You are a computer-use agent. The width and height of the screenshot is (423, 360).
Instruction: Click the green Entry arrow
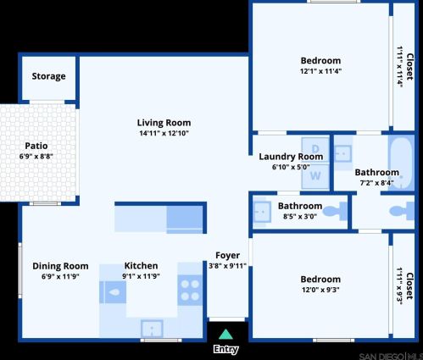click(225, 335)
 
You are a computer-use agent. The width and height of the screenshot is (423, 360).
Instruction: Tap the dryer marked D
click(314, 148)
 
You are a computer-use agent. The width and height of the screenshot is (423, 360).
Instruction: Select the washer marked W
click(314, 175)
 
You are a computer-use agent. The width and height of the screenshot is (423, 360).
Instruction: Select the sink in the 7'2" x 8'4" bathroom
click(342, 154)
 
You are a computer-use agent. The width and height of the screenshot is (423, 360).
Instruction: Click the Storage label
click(48, 76)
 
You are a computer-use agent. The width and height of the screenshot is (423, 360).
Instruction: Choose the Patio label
click(36, 146)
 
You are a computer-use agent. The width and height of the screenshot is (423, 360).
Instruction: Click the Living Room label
click(164, 122)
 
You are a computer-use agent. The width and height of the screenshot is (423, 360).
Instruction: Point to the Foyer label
click(226, 255)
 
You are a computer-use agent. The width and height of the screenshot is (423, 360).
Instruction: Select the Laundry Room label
click(291, 156)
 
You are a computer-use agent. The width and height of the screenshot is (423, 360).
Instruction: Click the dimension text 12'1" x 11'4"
click(320, 71)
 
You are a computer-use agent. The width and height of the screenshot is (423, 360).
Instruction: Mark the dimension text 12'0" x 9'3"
click(320, 290)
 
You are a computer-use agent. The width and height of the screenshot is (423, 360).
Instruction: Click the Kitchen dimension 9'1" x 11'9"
click(141, 276)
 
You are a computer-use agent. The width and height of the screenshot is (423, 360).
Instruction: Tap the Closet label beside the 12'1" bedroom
click(409, 66)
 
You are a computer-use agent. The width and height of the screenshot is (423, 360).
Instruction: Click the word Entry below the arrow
click(225, 349)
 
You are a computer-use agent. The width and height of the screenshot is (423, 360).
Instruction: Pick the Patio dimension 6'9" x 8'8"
click(36, 157)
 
